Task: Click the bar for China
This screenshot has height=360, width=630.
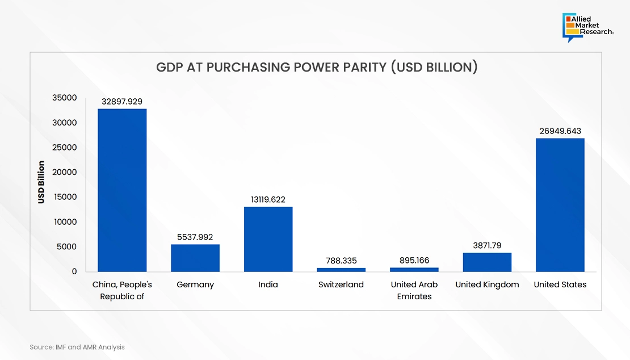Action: [122, 190]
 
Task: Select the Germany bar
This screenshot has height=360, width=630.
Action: [195, 258]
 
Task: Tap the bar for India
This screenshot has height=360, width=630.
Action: [268, 239]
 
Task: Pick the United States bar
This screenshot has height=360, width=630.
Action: [560, 205]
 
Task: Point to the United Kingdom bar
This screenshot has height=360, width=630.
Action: [487, 262]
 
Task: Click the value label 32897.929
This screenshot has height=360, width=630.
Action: [121, 102]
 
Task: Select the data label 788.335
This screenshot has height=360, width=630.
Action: [341, 261]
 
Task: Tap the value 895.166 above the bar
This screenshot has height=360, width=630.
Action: [414, 261]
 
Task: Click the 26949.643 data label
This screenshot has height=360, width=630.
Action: [560, 131]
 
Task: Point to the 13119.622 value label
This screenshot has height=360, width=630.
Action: [268, 200]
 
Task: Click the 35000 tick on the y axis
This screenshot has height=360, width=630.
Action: [64, 98]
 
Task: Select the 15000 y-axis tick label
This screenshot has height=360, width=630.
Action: [65, 197]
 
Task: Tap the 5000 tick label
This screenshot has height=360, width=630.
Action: [66, 246]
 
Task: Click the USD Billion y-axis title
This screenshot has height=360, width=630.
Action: [41, 182]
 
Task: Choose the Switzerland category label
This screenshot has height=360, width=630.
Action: [341, 284]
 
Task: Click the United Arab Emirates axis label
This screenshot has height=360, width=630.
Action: [414, 291]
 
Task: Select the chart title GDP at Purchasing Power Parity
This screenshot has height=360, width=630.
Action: [317, 67]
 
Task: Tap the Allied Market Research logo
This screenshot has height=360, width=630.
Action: [588, 27]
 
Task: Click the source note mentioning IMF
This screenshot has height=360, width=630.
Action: [77, 347]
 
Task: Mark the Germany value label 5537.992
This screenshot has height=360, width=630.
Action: [195, 237]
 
